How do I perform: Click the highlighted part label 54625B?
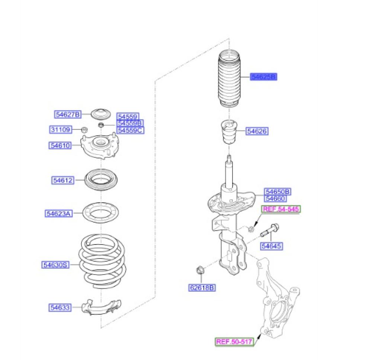pyautogui.click(x=263, y=77)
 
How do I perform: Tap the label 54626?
pyautogui.click(x=257, y=131)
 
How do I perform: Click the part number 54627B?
pyautogui.click(x=68, y=114)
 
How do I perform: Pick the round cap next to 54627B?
pyautogui.click(x=101, y=114)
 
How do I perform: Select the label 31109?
pyautogui.click(x=61, y=129)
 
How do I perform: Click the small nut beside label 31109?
pyautogui.click(x=84, y=130)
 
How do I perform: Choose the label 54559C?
pyautogui.click(x=130, y=130)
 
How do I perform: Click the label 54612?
pyautogui.click(x=62, y=180)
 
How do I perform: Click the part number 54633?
pyautogui.click(x=60, y=307)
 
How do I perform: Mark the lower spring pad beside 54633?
pyautogui.click(x=101, y=307)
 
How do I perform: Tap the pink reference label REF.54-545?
pyautogui.click(x=281, y=209)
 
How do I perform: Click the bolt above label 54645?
pyautogui.click(x=269, y=230)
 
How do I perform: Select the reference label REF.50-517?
pyautogui.click(x=234, y=341)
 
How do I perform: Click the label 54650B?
pyautogui.click(x=278, y=191)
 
